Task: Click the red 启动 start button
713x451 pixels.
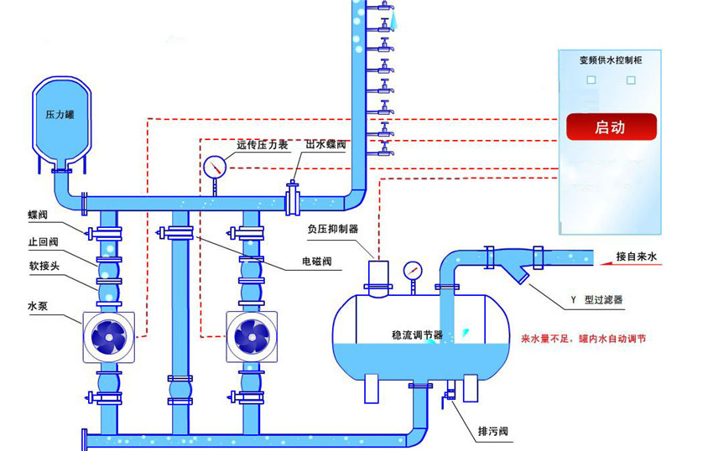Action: pyautogui.click(x=610, y=127)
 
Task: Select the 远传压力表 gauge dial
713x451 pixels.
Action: pyautogui.click(x=215, y=166)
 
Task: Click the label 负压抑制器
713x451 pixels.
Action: pyautogui.click(x=333, y=228)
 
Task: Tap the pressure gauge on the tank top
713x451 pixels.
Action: pyautogui.click(x=412, y=271)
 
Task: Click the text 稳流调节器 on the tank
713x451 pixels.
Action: pyautogui.click(x=417, y=334)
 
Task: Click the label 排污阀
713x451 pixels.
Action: pyautogui.click(x=492, y=432)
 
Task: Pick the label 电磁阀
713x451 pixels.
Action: pyautogui.click(x=317, y=262)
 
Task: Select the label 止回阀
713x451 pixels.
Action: pyautogui.click(x=42, y=242)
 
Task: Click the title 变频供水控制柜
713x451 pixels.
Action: pyautogui.click(x=611, y=60)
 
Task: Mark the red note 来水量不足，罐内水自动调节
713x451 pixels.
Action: pyautogui.click(x=583, y=339)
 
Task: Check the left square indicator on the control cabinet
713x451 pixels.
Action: pyautogui.click(x=591, y=80)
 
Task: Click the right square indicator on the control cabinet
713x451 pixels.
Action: pyautogui.click(x=631, y=80)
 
